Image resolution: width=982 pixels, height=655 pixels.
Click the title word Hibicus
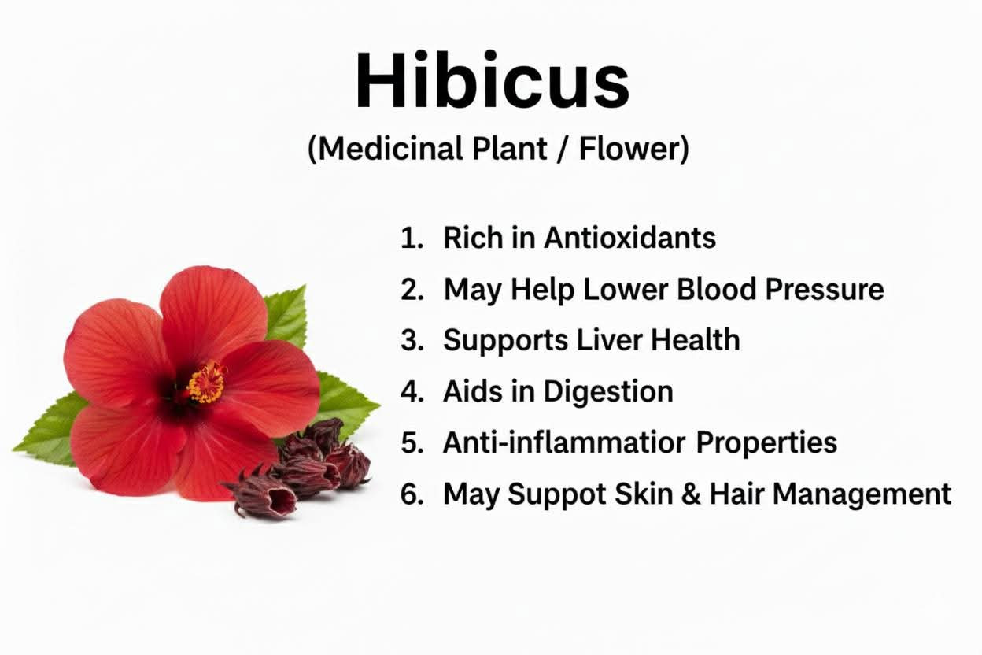click(493, 80)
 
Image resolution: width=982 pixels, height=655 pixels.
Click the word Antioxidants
click(630, 238)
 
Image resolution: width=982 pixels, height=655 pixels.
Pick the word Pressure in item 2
click(824, 289)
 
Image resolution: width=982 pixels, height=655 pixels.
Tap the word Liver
click(609, 340)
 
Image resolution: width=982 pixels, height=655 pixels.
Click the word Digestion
click(608, 392)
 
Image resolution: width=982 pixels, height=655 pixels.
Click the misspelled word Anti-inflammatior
click(564, 442)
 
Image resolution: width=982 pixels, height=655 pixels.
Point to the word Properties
click(766, 443)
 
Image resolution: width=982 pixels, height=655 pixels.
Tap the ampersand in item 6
click(691, 494)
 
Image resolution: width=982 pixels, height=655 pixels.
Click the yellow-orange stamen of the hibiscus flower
click(206, 382)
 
